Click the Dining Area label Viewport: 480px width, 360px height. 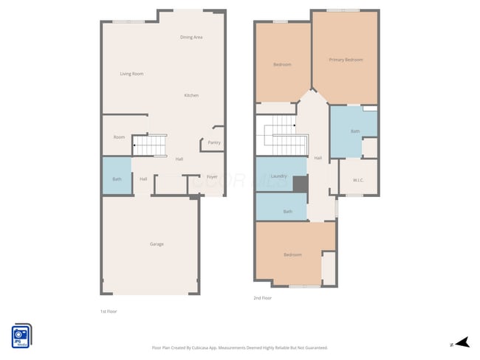click(191, 37)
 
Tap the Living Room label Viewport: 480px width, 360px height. click(131, 74)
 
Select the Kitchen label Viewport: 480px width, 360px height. click(191, 95)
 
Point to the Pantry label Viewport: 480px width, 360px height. click(214, 142)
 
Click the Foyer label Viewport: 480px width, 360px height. click(212, 177)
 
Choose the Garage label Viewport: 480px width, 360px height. click(157, 244)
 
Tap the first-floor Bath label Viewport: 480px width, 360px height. click(117, 179)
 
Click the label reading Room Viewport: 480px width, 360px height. click(119, 137)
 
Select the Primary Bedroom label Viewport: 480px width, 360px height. click(346, 59)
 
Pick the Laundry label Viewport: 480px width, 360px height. click(278, 176)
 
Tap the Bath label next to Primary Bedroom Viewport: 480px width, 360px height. click(355, 131)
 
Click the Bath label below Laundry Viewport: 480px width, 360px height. click(288, 212)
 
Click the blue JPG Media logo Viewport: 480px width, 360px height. click(21, 335)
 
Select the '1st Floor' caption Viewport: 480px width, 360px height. click(109, 311)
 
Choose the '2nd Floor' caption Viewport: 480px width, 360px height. click(262, 298)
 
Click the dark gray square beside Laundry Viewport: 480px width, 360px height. click(300, 184)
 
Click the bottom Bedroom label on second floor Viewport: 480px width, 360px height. click(292, 255)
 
